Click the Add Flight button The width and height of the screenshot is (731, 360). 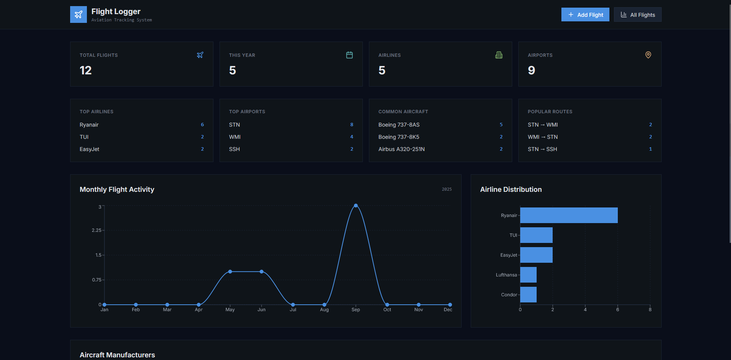point(585,15)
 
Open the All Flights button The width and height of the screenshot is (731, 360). point(637,15)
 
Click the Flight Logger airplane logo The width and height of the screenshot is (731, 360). point(79,14)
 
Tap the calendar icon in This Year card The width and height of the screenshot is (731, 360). point(349,55)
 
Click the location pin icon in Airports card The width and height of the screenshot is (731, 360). point(648,55)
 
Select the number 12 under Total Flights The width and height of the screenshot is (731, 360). point(86,70)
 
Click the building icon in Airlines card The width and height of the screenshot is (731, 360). point(499,55)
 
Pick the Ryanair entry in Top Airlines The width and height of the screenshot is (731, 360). point(89,125)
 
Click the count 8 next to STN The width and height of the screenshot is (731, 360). point(351,125)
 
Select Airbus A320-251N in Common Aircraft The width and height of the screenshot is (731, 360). point(401,149)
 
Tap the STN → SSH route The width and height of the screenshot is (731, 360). point(542,149)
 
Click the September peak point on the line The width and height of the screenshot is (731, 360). point(356,206)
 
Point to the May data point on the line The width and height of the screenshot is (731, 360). point(230,272)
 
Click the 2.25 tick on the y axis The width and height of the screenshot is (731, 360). point(96,230)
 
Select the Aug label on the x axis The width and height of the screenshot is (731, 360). point(324,310)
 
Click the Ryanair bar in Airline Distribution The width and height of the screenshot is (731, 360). point(569,215)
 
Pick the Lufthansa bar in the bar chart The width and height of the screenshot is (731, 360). point(528,275)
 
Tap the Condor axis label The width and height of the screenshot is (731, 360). point(509,295)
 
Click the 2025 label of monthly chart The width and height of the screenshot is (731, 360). point(447,189)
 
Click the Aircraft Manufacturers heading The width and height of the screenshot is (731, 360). point(117,355)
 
